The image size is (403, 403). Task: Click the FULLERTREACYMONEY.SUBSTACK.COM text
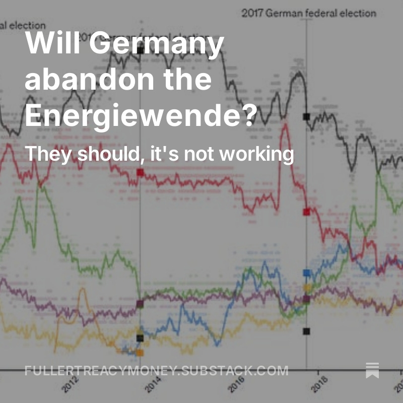(x=156, y=371)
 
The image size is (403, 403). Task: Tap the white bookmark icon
(x=372, y=370)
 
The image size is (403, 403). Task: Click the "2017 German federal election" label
(x=308, y=13)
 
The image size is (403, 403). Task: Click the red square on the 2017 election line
(x=306, y=212)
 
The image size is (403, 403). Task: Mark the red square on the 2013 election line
(x=140, y=173)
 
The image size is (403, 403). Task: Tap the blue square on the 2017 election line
(x=306, y=273)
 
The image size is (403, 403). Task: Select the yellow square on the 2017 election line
(x=307, y=288)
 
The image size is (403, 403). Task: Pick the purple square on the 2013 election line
(x=140, y=304)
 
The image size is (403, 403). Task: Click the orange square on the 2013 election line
(x=140, y=353)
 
